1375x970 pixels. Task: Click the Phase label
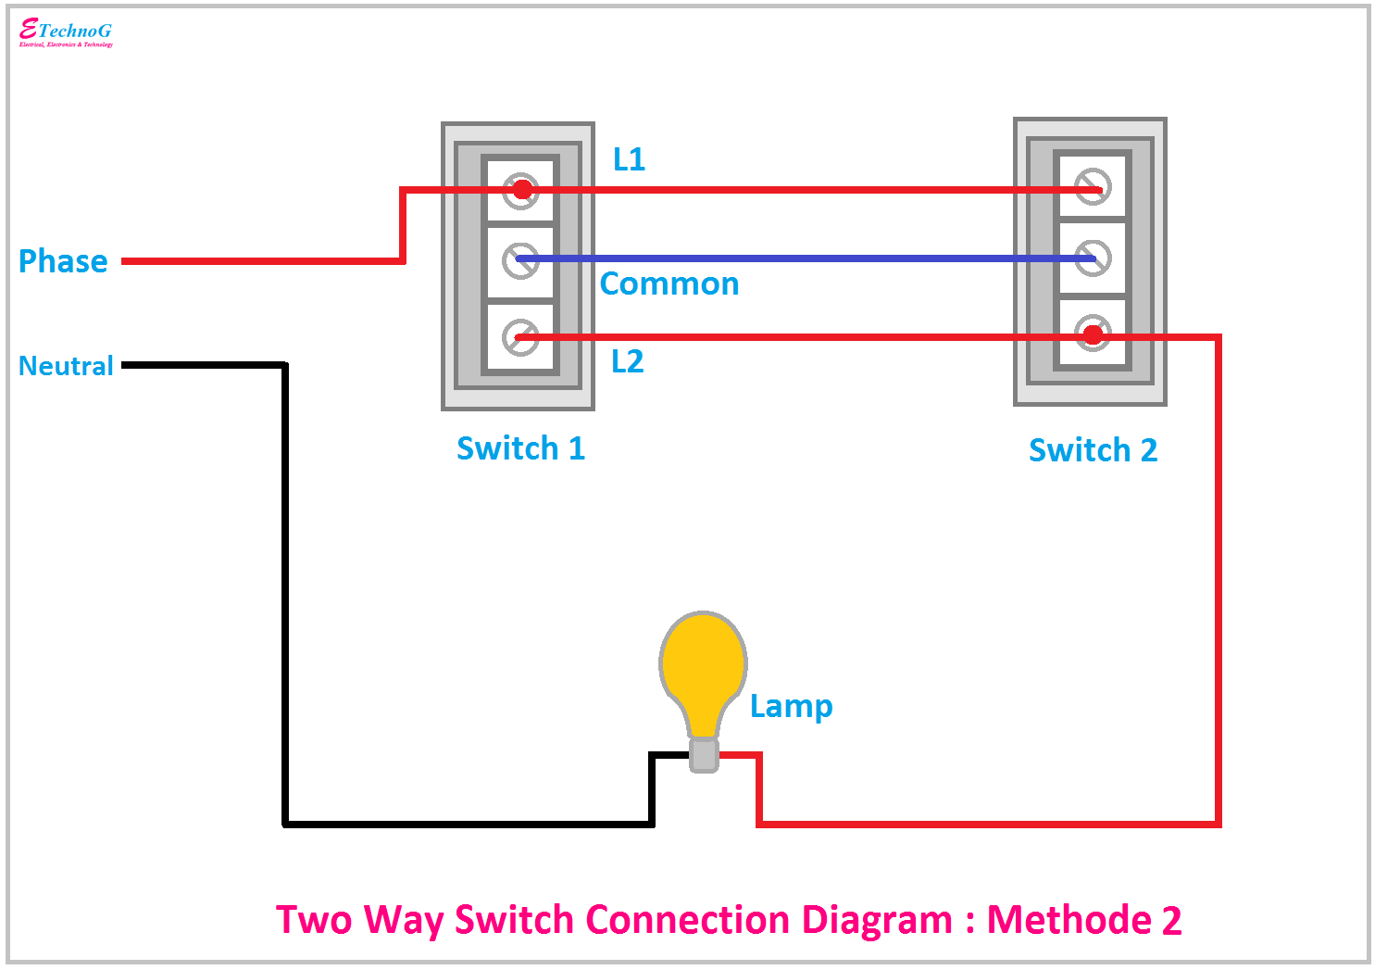pos(63,261)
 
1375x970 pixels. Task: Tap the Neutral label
pos(66,366)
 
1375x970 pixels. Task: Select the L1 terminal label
pos(629,159)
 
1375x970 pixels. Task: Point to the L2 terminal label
pos(627,361)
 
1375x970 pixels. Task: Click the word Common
pos(669,283)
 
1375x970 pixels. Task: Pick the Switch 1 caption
pos(520,448)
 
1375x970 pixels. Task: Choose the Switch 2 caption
pos(1093,450)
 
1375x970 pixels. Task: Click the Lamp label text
pos(791,706)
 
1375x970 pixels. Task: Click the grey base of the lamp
pos(704,755)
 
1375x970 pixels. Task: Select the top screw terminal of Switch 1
pos(521,190)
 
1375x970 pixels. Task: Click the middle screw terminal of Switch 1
pos(520,260)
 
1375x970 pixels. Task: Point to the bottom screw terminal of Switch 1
pos(520,336)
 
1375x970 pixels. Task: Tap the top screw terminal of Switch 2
pos(1093,187)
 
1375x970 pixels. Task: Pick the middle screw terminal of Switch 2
pos(1093,258)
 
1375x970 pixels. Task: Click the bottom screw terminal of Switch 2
pos(1093,334)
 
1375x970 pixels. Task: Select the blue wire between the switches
pos(806,258)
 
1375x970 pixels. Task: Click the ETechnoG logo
pos(66,32)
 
